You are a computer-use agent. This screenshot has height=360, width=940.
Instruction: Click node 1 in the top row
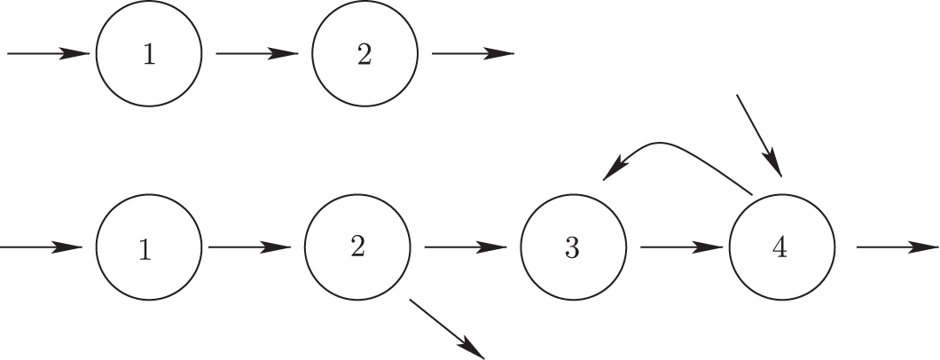(x=149, y=54)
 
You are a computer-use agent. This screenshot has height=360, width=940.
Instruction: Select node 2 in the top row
(x=364, y=54)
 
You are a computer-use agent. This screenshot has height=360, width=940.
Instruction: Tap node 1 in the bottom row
(x=146, y=248)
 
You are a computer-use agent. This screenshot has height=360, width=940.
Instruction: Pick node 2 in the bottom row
(x=357, y=247)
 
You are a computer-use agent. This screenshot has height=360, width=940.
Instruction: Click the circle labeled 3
(x=573, y=248)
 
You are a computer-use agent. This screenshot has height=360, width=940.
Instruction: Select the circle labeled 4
(x=781, y=248)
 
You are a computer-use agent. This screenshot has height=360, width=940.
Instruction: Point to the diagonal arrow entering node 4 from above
(x=759, y=133)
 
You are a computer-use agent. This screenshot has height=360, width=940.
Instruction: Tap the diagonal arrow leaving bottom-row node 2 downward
(x=448, y=329)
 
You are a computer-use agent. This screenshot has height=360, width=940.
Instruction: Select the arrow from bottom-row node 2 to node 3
(x=466, y=248)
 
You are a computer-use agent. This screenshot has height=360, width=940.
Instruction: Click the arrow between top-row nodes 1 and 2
(x=256, y=54)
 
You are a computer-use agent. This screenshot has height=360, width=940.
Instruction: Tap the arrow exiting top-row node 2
(x=472, y=54)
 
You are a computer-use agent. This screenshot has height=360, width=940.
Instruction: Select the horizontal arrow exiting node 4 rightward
(x=896, y=248)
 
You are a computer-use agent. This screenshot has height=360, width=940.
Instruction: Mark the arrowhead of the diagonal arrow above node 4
(x=774, y=165)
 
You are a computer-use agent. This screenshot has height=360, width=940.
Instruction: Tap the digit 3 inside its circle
(x=573, y=248)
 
